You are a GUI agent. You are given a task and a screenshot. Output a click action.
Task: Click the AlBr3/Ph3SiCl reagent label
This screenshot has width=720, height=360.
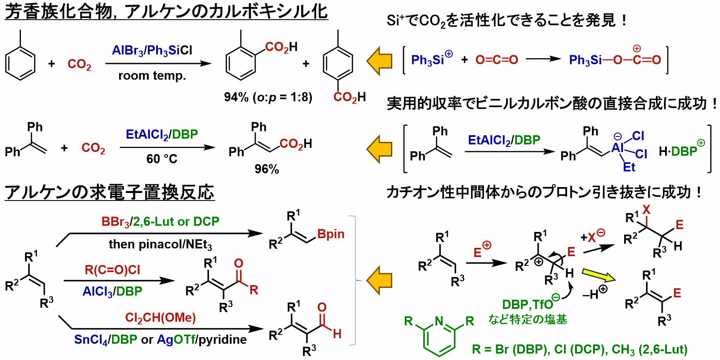tap(152, 51)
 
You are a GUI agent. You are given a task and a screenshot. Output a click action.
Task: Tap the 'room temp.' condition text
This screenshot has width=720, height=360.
tap(152, 76)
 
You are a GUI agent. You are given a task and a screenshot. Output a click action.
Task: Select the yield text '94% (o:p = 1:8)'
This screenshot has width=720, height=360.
tap(268, 97)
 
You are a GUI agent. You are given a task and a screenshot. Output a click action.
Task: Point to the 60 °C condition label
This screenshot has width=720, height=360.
tap(162, 159)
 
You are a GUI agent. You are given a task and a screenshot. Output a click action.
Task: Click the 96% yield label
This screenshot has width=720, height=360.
tap(267, 169)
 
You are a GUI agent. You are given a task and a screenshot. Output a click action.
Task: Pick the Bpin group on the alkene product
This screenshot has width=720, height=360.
tap(331, 234)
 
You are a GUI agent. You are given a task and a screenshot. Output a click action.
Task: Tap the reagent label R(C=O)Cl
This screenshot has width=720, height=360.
tap(112, 270)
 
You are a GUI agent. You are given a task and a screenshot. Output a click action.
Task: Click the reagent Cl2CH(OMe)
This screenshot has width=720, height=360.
tap(160, 318)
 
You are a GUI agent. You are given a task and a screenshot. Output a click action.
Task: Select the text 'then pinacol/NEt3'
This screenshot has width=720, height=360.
tap(160, 244)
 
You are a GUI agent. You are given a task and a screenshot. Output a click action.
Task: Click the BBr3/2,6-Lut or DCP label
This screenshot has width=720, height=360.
tap(160, 221)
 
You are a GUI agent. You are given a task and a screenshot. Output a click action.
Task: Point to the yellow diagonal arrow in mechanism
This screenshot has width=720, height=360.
tap(599, 275)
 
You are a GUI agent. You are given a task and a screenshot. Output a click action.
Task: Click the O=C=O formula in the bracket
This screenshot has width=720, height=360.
tap(496, 60)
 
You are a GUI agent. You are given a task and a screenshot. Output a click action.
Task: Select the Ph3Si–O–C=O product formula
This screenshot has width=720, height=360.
tap(615, 59)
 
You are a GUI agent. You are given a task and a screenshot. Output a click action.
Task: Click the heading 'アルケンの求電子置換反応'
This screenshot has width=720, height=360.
tap(110, 193)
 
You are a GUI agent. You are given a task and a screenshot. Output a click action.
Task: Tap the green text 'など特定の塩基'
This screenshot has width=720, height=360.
tap(527, 319)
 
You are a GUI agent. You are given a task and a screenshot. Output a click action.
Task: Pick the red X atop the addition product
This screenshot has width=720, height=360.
tap(646, 210)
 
